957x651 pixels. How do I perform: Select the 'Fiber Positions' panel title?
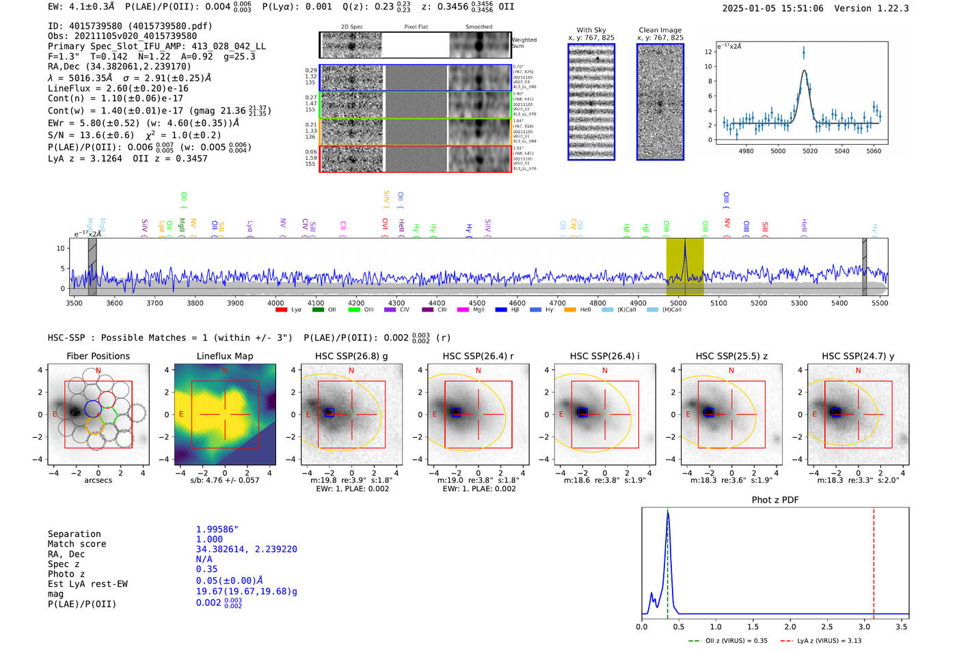[98, 356]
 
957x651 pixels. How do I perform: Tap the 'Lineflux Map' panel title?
[225, 356]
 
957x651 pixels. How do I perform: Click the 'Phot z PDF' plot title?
[775, 499]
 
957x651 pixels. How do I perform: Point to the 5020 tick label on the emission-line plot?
[810, 151]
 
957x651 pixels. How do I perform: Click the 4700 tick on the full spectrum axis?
[557, 303]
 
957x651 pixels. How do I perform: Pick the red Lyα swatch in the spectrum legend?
[281, 310]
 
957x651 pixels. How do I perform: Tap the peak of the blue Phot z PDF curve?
[668, 514]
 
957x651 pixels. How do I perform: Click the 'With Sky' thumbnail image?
[591, 102]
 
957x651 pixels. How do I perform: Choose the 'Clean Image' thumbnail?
[660, 102]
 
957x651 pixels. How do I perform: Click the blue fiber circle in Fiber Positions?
[93, 408]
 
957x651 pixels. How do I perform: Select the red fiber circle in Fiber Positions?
[107, 400]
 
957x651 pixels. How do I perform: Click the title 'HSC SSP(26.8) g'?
[351, 356]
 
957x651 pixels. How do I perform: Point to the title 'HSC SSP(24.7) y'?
[858, 356]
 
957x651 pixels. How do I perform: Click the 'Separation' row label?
[74, 534]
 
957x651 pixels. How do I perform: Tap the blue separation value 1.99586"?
[217, 529]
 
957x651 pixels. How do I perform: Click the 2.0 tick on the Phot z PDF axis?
[790, 626]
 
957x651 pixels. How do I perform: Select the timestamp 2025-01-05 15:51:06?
[772, 8]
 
